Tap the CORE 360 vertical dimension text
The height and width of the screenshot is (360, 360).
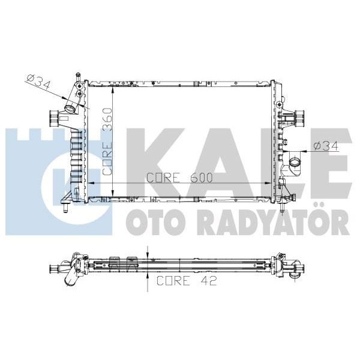(107, 140)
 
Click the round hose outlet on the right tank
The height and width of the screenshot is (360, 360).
(296, 163)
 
